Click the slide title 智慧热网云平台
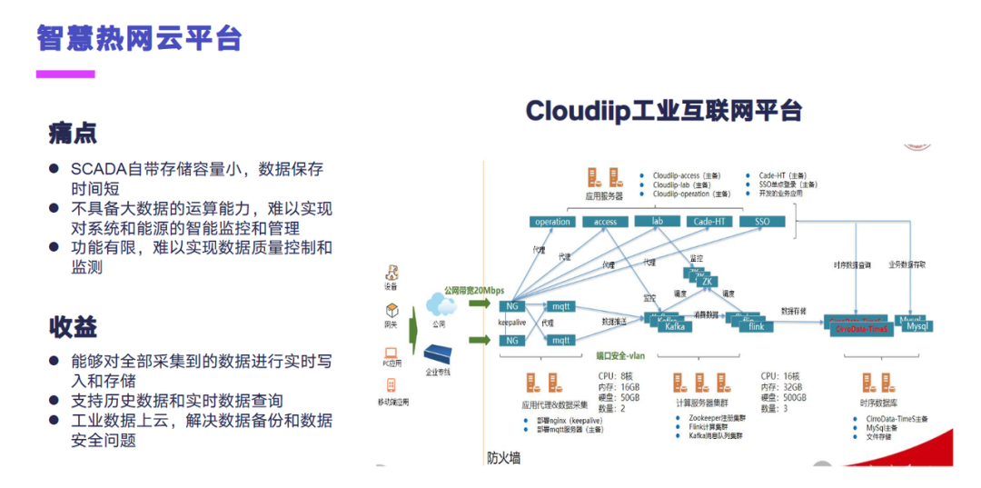[140, 37]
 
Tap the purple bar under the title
[65, 74]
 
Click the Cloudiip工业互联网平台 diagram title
[664, 111]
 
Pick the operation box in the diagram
[552, 222]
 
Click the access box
[605, 222]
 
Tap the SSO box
[761, 222]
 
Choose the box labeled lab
[657, 221]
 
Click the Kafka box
[675, 326]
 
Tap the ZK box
[707, 282]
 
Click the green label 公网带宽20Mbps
[473, 290]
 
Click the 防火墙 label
[503, 458]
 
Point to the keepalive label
[514, 322]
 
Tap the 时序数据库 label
[879, 403]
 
